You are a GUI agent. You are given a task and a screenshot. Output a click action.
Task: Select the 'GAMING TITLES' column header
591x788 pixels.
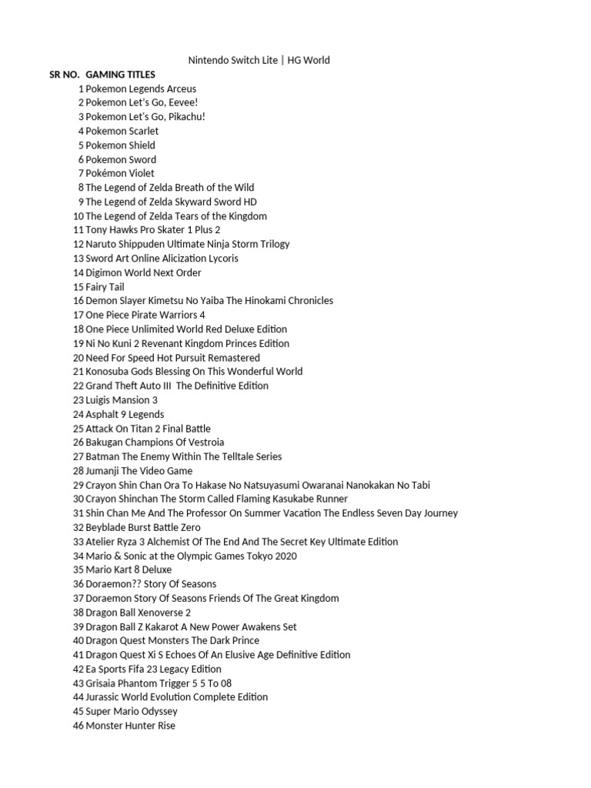(x=121, y=75)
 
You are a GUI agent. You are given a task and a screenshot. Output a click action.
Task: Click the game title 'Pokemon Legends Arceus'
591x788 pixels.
(x=141, y=88)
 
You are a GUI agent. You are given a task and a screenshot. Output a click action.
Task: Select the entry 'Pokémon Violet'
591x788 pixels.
(x=120, y=173)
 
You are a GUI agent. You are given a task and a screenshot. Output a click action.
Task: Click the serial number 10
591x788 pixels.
(x=78, y=216)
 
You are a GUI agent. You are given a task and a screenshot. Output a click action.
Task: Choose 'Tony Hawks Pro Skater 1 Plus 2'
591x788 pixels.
(x=153, y=230)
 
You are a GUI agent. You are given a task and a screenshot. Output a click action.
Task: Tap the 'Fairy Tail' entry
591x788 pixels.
(x=105, y=287)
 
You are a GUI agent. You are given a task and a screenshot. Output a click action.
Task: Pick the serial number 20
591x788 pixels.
(x=78, y=358)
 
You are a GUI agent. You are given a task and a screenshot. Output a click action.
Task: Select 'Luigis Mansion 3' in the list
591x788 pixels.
(x=122, y=400)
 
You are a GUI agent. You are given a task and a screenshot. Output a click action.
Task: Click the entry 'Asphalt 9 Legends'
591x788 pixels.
(x=125, y=415)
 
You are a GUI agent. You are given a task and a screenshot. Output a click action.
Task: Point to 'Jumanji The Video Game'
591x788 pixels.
(x=139, y=471)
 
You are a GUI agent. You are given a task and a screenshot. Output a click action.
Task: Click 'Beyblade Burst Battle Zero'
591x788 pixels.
(x=143, y=527)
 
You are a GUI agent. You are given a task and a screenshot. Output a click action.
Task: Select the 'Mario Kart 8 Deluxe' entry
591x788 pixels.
(x=129, y=570)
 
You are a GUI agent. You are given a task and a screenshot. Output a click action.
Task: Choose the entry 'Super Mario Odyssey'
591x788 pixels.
(x=132, y=711)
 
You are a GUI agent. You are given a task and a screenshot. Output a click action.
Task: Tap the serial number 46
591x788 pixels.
(x=78, y=726)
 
